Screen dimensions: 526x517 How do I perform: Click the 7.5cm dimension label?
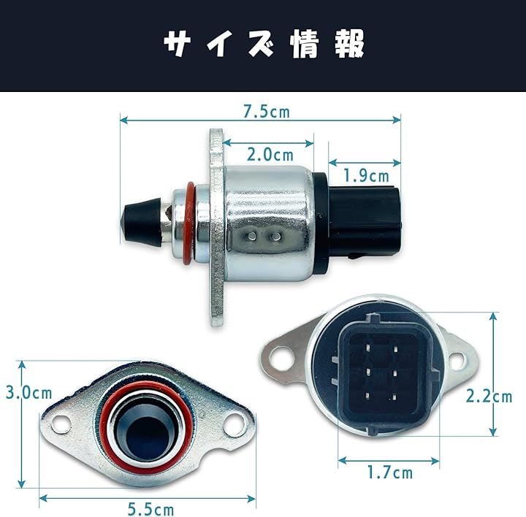click(x=266, y=112)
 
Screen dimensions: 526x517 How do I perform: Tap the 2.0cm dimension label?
click(x=270, y=155)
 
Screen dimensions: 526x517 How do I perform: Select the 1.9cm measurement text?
click(x=366, y=176)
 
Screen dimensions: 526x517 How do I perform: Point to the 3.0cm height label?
click(x=28, y=393)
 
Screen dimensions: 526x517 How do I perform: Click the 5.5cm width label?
click(x=151, y=509)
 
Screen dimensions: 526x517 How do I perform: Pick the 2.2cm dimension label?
click(x=489, y=397)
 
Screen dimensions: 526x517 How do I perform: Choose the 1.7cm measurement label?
click(x=390, y=472)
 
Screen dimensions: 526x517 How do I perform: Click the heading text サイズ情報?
click(x=264, y=44)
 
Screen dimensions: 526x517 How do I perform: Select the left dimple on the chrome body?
click(x=251, y=237)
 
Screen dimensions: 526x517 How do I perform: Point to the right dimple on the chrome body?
click(x=276, y=237)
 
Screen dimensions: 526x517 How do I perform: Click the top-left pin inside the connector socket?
click(x=369, y=348)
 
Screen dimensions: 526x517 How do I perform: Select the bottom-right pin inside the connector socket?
click(x=394, y=398)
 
